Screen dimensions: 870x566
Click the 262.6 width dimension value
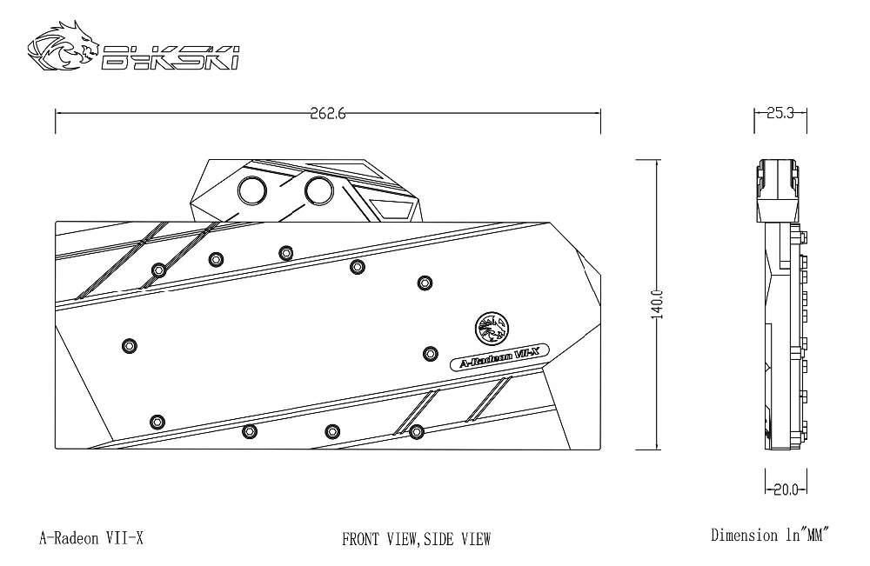tap(327, 114)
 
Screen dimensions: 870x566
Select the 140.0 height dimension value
tap(656, 304)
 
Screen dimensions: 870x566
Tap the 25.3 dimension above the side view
tap(780, 113)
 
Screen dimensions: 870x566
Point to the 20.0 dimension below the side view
tap(786, 489)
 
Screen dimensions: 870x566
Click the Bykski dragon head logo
tap(64, 46)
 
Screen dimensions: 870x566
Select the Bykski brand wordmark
tap(171, 57)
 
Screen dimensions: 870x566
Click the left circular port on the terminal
tap(252, 190)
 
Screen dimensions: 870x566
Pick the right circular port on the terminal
tap(319, 190)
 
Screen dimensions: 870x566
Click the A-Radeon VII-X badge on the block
tap(499, 357)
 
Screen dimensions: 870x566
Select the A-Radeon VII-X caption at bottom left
tap(91, 537)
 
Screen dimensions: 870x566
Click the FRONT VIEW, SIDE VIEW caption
tap(416, 539)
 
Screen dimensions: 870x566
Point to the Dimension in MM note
tap(770, 535)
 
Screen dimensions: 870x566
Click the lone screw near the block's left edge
tap(130, 346)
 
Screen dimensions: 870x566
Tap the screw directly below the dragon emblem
tap(431, 354)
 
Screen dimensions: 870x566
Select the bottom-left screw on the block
tap(157, 422)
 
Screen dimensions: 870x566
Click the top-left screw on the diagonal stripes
tap(159, 270)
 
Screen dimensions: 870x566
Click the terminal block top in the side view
tap(779, 190)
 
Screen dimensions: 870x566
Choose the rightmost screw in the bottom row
tap(417, 431)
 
